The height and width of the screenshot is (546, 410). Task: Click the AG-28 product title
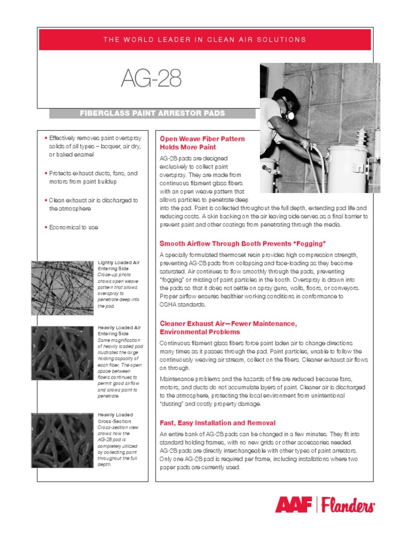tap(151, 79)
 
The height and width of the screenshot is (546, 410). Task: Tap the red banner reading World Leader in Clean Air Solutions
tap(205, 39)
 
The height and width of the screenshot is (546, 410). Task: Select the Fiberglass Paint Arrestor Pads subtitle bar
tap(152, 114)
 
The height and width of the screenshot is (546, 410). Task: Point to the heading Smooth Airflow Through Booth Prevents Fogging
tap(242, 244)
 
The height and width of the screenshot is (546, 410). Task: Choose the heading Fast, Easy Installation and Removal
tap(217, 423)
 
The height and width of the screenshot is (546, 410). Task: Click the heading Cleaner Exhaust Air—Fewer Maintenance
tap(228, 324)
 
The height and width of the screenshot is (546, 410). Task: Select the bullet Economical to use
tap(74, 227)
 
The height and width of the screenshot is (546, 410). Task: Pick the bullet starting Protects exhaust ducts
tap(93, 178)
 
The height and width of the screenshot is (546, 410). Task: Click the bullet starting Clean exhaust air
tap(93, 204)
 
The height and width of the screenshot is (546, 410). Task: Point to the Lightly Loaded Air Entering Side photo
tap(62, 285)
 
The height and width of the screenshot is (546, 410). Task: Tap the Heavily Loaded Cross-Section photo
tap(62, 440)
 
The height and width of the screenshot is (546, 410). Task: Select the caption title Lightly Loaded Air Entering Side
tap(119, 266)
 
